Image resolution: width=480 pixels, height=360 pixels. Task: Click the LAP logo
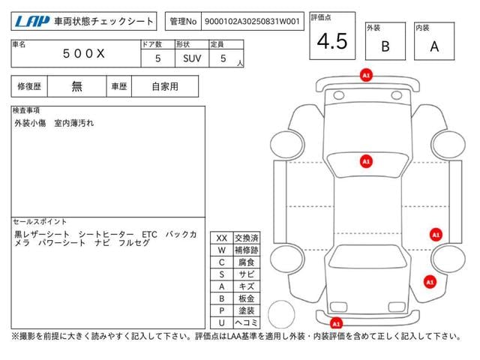point(32,22)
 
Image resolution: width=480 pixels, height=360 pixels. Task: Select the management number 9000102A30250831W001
point(252,22)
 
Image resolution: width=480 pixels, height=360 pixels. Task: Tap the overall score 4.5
point(332,41)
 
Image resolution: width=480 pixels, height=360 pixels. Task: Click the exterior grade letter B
point(385,46)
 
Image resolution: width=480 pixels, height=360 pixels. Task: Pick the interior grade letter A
point(434,46)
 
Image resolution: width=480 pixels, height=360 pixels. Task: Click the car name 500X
point(83,54)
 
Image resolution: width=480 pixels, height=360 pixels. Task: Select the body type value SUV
point(192,58)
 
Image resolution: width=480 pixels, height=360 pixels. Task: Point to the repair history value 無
point(76,86)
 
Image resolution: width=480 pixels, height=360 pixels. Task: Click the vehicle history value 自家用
point(165,87)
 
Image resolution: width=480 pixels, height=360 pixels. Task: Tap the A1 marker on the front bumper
point(366,75)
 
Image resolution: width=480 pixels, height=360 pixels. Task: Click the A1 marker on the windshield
point(366,161)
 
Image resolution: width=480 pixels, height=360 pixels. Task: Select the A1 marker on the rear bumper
point(336,323)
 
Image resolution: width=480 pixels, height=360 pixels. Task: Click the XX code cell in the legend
point(222,238)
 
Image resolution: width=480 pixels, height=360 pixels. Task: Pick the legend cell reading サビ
point(247,274)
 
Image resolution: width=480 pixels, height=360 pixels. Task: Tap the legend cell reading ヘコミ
point(247,322)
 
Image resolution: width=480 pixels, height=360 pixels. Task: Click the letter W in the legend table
point(222,250)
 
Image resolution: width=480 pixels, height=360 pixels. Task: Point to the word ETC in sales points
point(149,235)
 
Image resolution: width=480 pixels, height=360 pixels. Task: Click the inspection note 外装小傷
point(30,123)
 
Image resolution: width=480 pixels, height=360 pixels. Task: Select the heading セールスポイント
point(40,222)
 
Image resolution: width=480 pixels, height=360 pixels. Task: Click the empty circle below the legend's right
point(281,314)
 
